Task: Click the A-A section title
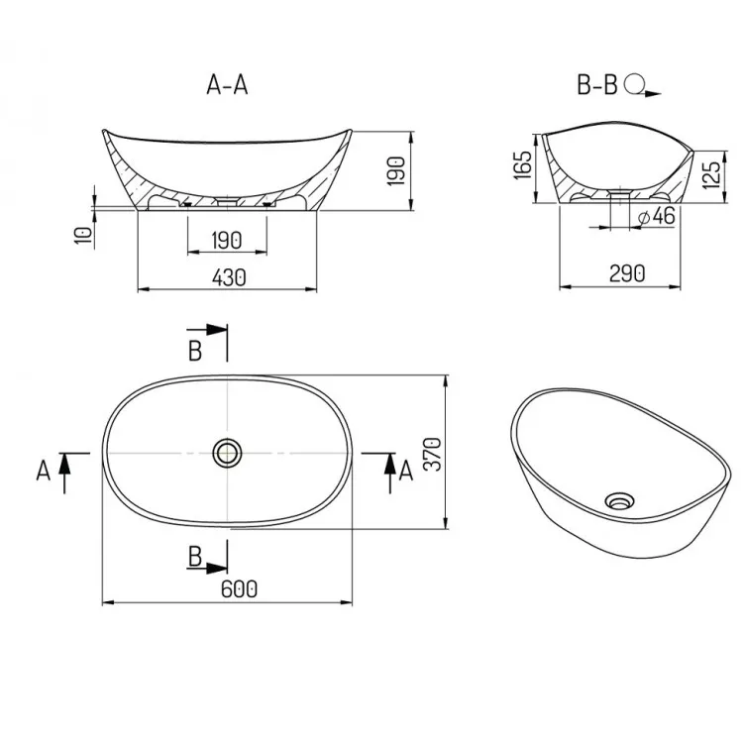point(227,85)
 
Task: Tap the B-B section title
point(597,85)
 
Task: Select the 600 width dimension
point(239,589)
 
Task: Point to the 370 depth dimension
point(433,454)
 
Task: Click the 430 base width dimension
point(229,277)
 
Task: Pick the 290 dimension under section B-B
point(627,273)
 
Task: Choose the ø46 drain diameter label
point(656,217)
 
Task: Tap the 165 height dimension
point(523,165)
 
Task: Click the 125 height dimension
point(710,174)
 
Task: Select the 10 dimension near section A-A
point(83,236)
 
